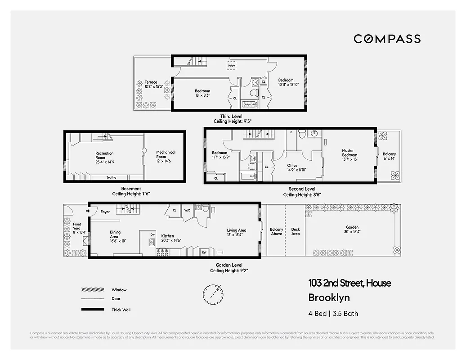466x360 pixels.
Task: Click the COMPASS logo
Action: click(387, 39)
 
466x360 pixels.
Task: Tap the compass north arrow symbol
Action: click(212, 294)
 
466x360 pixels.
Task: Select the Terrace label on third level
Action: click(151, 84)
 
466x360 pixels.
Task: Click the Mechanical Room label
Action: click(166, 155)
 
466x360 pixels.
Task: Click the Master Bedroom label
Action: click(348, 153)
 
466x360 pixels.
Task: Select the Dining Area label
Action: click(115, 235)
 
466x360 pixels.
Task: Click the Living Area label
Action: click(236, 232)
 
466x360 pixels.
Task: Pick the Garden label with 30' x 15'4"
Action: click(352, 229)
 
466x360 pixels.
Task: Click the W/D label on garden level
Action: click(188, 210)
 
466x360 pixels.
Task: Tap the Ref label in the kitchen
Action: click(204, 252)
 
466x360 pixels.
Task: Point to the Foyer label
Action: click(105, 212)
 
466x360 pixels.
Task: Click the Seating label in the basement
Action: click(111, 177)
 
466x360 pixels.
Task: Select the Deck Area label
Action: click(296, 232)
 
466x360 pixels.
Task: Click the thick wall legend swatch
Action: click(90, 310)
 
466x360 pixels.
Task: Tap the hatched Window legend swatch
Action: click(90, 290)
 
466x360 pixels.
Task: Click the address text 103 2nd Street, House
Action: click(349, 283)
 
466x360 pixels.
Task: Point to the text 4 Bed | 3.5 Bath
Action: click(333, 314)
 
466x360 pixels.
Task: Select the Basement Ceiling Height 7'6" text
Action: click(131, 191)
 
